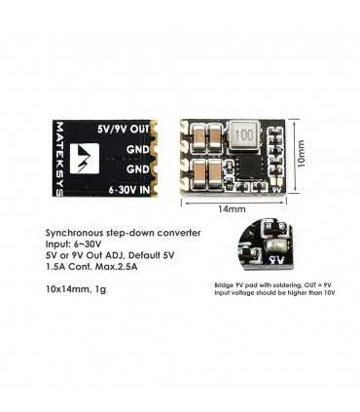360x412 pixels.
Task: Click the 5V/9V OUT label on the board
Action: click(124, 128)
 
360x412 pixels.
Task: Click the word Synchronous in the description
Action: click(77, 234)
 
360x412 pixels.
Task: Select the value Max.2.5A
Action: click(117, 269)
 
